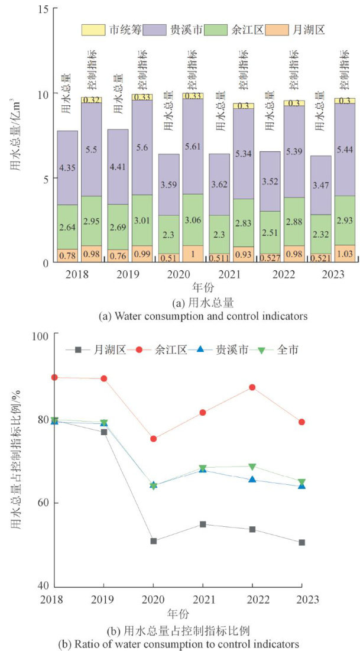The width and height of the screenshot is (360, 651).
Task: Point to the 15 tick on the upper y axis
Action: click(x=43, y=8)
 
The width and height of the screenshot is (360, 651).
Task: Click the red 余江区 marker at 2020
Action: click(x=154, y=439)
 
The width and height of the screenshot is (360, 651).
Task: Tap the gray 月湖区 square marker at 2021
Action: click(x=203, y=524)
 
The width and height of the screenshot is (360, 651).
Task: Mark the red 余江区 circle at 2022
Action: click(x=252, y=387)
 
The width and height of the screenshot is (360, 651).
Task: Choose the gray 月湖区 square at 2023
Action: click(x=301, y=542)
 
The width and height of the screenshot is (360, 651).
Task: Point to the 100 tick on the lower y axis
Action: click(x=40, y=335)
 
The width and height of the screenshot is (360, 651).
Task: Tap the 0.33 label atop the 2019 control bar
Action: click(x=142, y=97)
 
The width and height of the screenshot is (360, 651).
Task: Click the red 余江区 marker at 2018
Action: click(x=54, y=377)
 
